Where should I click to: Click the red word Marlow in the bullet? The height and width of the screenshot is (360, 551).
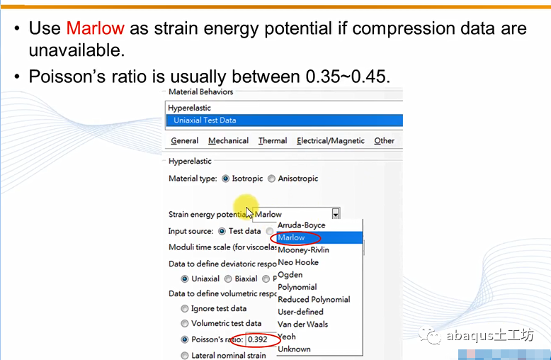(95, 28)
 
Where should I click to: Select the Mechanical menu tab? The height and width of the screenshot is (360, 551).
(229, 140)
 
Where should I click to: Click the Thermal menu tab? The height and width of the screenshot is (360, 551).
(273, 140)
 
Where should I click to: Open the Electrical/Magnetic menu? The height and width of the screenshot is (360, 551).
(331, 140)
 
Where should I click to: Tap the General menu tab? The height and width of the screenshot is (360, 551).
(184, 140)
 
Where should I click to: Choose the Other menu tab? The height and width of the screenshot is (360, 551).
(384, 140)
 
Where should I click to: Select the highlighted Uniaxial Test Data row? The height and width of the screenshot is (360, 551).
(284, 120)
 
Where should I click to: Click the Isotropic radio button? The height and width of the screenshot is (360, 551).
(225, 179)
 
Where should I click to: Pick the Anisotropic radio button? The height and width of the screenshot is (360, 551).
(271, 179)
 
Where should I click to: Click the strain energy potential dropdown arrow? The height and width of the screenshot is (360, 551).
(336, 214)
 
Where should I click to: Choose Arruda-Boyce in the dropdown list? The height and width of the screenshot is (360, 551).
(302, 225)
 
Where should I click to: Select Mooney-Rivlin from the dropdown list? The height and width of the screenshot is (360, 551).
(304, 250)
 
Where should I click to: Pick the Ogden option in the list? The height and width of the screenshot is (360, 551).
(290, 274)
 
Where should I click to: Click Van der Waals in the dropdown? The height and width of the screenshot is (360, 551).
(303, 324)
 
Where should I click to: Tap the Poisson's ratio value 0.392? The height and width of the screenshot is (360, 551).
(258, 339)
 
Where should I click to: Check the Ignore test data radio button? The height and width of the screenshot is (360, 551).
(184, 309)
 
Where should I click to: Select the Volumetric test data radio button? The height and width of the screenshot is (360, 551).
(184, 323)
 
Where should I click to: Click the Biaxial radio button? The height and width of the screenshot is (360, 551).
(228, 279)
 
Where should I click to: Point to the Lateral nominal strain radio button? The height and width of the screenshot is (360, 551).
(184, 356)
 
